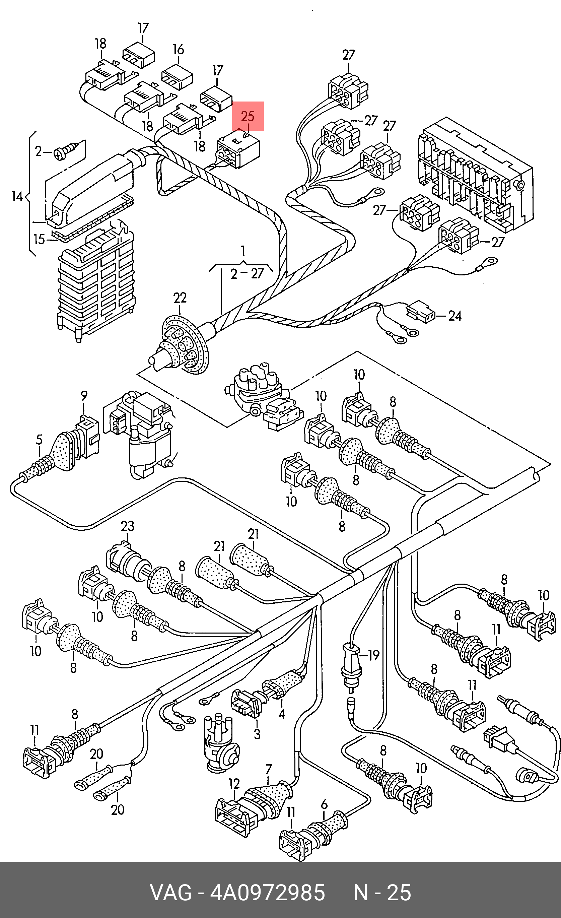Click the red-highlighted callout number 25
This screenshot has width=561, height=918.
[x=248, y=116]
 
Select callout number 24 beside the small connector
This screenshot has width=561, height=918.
[x=454, y=316]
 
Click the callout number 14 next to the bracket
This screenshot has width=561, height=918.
[x=17, y=196]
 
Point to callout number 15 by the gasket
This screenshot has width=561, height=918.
[x=39, y=239]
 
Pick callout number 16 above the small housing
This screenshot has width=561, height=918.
[x=178, y=49]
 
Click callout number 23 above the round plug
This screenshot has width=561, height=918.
[x=127, y=526]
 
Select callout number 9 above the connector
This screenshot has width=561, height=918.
[x=84, y=395]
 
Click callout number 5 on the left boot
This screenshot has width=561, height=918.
[x=39, y=440]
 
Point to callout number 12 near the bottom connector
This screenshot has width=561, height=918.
[x=234, y=784]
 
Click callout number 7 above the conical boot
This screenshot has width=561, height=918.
[x=269, y=769]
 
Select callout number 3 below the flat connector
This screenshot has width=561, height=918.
[x=257, y=734]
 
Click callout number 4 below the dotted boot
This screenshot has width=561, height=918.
[x=282, y=714]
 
